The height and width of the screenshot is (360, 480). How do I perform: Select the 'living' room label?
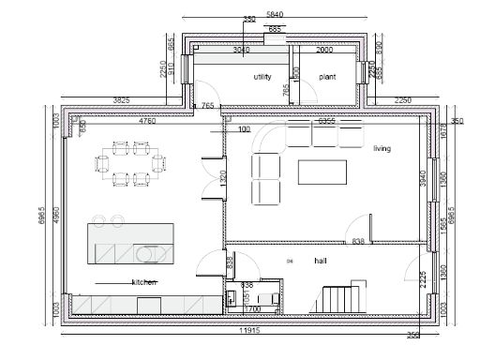coord(382,148)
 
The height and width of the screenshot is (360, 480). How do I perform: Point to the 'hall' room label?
coord(321,261)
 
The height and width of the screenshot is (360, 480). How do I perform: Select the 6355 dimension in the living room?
coord(326,121)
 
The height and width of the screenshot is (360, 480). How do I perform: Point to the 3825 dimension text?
coord(122,97)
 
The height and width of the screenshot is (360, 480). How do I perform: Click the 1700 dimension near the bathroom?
coord(252,307)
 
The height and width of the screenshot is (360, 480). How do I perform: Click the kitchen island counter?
coord(127,242)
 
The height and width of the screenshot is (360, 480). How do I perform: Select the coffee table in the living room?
coord(322,172)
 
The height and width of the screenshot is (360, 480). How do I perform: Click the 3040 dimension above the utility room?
coord(241,49)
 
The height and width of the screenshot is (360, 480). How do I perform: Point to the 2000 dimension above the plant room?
coord(325,49)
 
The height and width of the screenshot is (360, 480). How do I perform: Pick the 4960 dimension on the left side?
coord(56,216)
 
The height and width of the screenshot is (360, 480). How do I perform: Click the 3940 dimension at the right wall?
coord(423,178)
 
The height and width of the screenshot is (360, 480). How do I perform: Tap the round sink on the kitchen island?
coord(147,253)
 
